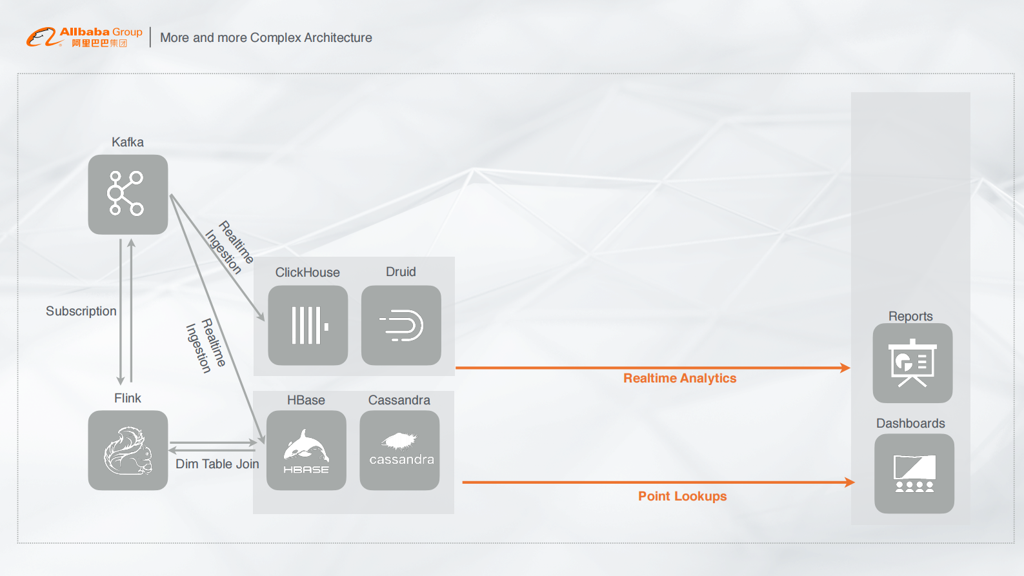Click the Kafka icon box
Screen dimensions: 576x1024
coord(128,194)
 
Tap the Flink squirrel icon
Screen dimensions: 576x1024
coord(128,450)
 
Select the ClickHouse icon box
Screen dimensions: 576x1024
coord(308,325)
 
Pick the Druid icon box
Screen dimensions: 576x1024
coord(401,325)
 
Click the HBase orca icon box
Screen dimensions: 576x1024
coord(306,450)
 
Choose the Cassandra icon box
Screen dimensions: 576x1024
coord(399,450)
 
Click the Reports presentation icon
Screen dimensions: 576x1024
coord(912,363)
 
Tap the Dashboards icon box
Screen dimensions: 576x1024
coord(914,473)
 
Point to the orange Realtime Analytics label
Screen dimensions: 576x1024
coord(679,379)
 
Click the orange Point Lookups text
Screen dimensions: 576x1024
coord(682,496)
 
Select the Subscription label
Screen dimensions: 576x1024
coord(81,311)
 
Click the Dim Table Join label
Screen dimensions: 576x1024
coord(217,464)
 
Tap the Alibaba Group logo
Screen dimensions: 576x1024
coord(85,37)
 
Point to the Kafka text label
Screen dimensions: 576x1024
coord(128,142)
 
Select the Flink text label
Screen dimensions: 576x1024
coord(128,398)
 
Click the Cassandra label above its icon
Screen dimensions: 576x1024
coord(399,400)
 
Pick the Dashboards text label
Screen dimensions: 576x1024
coord(910,423)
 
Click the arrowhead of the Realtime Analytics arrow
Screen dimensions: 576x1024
coord(845,368)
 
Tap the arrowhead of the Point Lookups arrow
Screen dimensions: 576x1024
coord(850,482)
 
